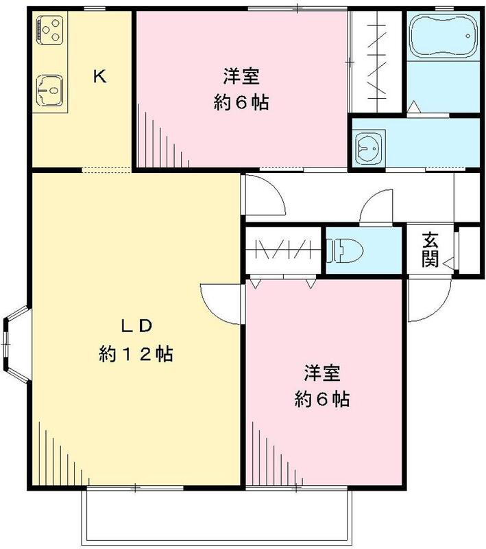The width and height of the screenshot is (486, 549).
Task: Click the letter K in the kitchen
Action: (99, 77)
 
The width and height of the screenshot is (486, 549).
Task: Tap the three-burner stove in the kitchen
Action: (49, 29)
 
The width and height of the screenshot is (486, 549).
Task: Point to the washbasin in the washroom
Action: (369, 146)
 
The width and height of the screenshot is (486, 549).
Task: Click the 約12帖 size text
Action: (135, 354)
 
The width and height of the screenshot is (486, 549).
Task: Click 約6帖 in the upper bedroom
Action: (241, 103)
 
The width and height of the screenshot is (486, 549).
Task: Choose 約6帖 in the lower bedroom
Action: (322, 399)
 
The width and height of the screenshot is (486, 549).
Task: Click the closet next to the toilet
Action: (284, 250)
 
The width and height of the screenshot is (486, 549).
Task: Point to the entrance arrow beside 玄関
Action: (447, 261)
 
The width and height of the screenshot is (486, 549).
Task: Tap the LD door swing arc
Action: (221, 302)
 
